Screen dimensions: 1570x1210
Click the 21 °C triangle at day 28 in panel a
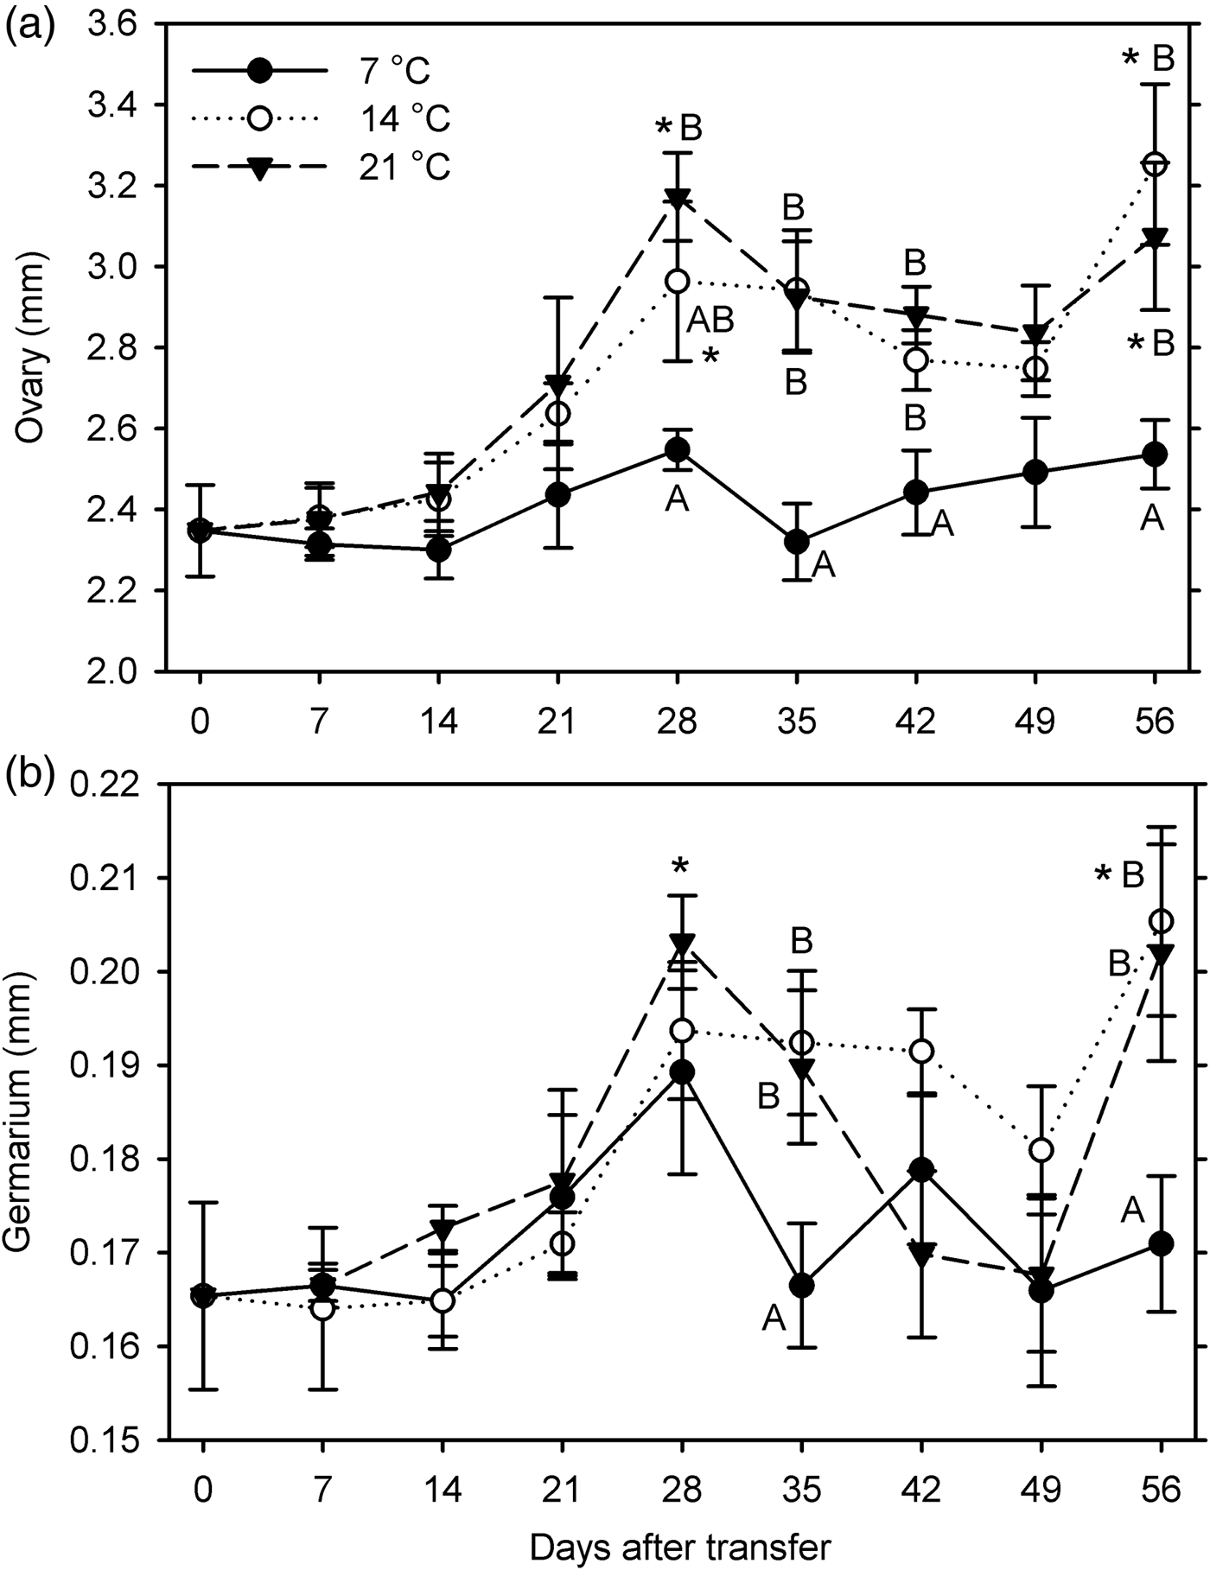(678, 198)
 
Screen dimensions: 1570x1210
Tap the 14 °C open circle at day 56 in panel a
(1155, 163)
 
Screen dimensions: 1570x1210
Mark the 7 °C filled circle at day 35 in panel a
(797, 542)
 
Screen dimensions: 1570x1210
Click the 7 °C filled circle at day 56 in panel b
(1161, 1243)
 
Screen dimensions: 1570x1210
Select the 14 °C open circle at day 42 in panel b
(922, 1051)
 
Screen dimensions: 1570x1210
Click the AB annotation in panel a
(710, 321)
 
